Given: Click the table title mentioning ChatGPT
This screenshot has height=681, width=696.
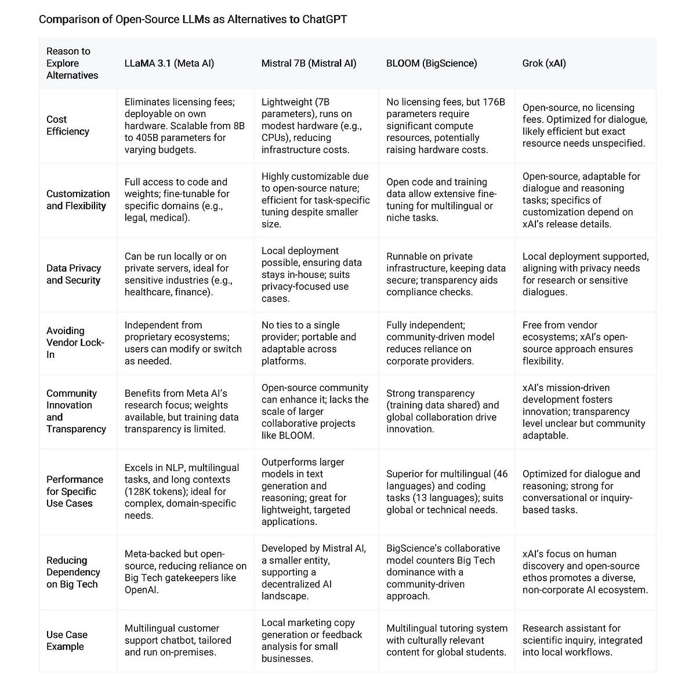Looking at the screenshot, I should click(193, 19).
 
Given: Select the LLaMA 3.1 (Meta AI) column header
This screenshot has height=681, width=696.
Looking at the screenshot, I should click(169, 63).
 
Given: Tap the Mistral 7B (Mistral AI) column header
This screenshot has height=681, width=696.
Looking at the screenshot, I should click(309, 63).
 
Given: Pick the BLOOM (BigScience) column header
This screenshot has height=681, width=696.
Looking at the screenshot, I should click(432, 63).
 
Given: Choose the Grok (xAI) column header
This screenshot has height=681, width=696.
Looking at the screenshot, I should click(543, 63).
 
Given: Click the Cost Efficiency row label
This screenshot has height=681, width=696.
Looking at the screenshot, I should click(68, 125).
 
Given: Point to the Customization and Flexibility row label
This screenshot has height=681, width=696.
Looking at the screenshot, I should click(78, 200).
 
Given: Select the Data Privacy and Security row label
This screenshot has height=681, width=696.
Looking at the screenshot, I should click(74, 274).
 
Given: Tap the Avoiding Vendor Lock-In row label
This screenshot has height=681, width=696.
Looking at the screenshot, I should click(75, 342).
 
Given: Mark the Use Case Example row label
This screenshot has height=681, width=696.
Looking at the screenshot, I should click(67, 640).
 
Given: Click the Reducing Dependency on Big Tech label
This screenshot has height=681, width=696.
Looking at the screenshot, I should click(73, 572).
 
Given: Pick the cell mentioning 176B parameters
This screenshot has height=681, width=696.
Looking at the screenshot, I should click(445, 126).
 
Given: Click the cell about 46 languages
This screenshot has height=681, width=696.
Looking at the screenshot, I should click(447, 491).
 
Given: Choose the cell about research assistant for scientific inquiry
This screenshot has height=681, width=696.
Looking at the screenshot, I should click(582, 640).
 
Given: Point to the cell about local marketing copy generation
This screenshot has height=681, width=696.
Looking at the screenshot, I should click(312, 640).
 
